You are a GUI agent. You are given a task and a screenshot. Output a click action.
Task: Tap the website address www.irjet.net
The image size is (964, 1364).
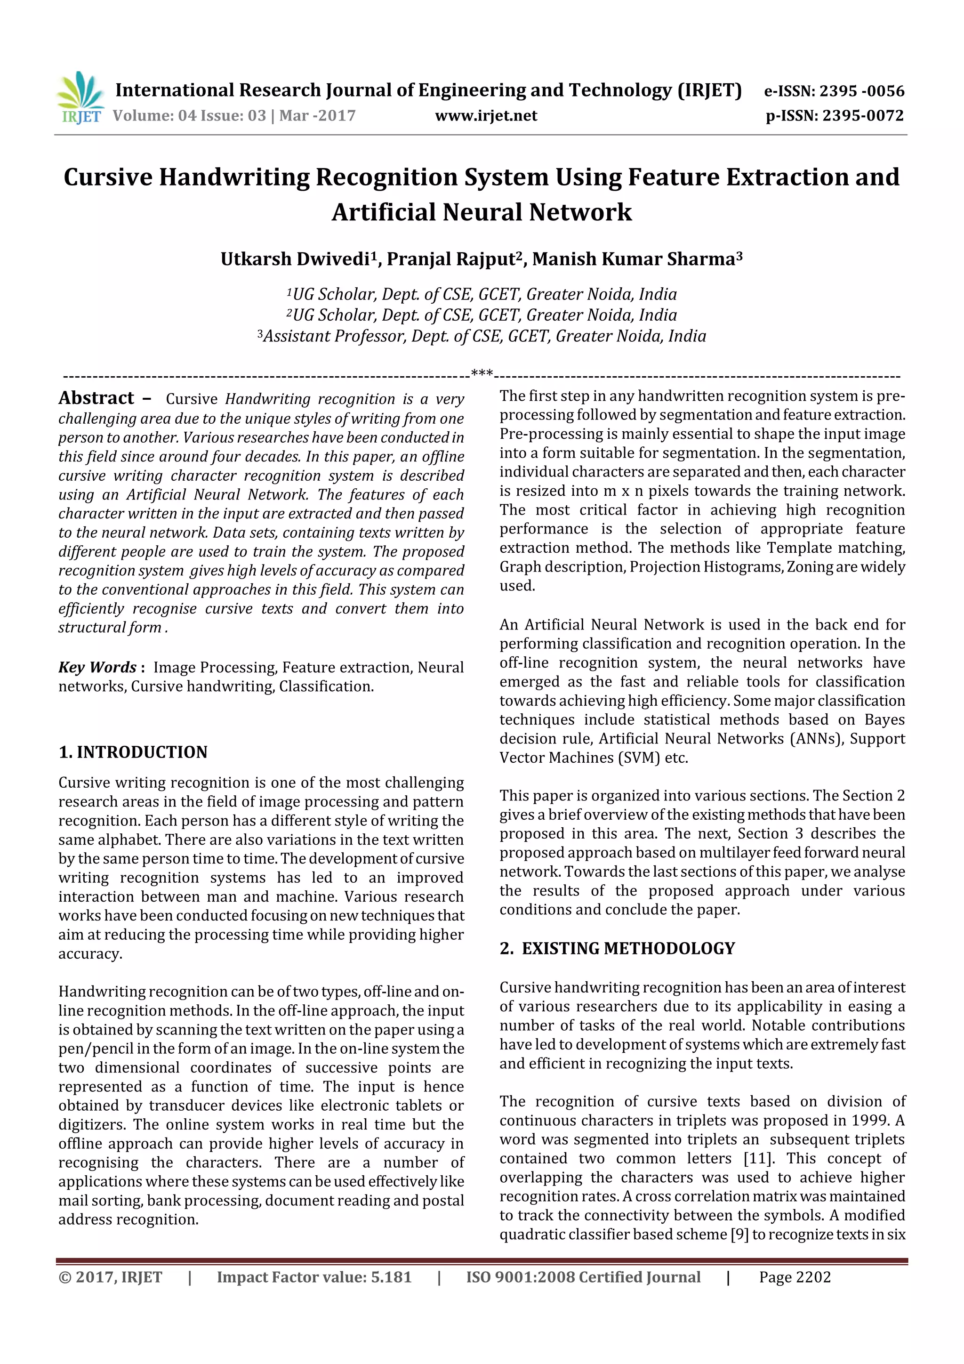coord(486,116)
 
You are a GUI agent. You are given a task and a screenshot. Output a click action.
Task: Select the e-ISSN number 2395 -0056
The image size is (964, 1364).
coord(861,91)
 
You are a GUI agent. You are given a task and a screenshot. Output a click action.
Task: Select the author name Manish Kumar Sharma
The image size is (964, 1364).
coord(633,259)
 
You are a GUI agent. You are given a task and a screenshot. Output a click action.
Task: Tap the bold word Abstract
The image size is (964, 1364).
coord(96,398)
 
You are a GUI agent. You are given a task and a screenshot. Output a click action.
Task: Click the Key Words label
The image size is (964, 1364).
coord(97,667)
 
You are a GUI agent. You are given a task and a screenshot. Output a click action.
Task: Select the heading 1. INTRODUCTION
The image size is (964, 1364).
coord(133,752)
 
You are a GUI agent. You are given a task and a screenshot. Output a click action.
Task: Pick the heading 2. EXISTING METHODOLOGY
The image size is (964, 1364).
coord(617,948)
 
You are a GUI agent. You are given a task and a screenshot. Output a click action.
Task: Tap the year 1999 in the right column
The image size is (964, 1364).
coord(867,1121)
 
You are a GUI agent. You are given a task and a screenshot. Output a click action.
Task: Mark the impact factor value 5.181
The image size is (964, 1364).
coord(391,1277)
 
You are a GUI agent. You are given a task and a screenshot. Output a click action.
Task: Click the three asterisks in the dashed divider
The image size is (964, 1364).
coord(482,374)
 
